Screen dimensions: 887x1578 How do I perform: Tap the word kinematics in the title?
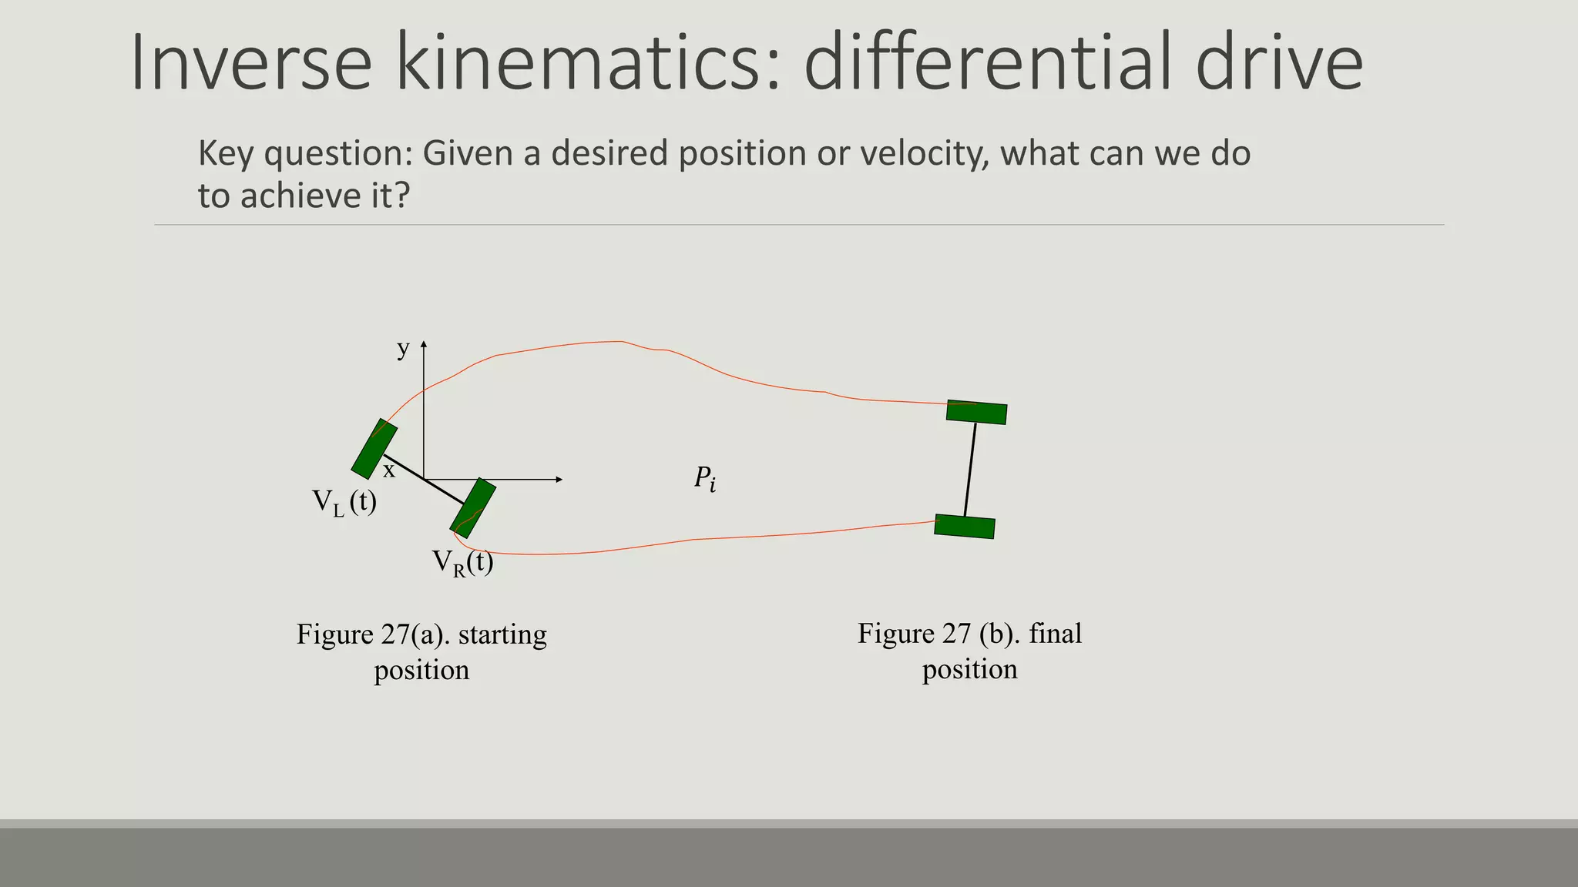pyautogui.click(x=589, y=63)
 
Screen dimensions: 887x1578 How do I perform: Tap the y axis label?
pyautogui.click(x=403, y=349)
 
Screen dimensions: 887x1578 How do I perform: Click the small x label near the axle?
pyautogui.click(x=389, y=470)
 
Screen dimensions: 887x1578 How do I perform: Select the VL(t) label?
pyautogui.click(x=344, y=503)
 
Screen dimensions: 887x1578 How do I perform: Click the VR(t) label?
pyautogui.click(x=462, y=563)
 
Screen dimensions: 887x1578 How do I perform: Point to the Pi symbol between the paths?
pyautogui.click(x=704, y=479)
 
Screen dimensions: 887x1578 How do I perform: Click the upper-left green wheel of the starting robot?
pyautogui.click(x=374, y=449)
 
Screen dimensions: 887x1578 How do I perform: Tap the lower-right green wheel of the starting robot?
pyautogui.click(x=473, y=507)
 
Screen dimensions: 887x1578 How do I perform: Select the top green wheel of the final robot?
pyautogui.click(x=976, y=412)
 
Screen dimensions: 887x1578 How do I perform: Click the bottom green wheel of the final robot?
pyautogui.click(x=965, y=527)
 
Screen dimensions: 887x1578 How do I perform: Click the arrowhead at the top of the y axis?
pyautogui.click(x=424, y=344)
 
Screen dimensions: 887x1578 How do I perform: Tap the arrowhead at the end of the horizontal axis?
pyautogui.click(x=559, y=480)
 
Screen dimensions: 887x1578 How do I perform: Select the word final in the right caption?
pyautogui.click(x=1055, y=634)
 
